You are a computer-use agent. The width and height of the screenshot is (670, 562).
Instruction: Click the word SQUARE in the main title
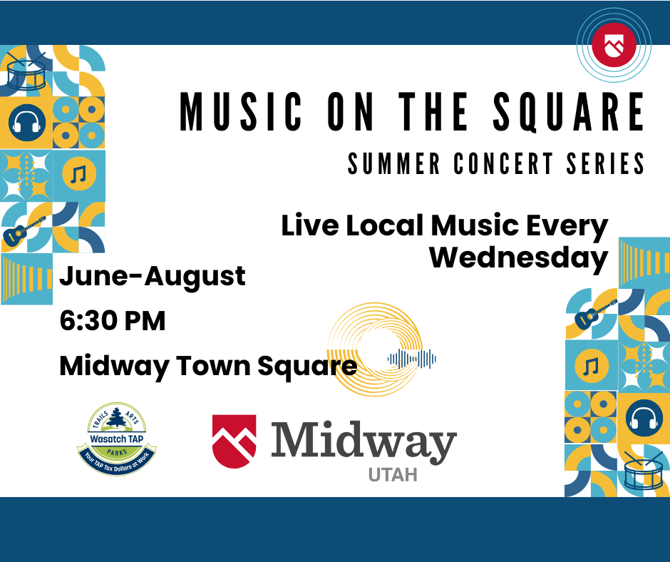[569, 112]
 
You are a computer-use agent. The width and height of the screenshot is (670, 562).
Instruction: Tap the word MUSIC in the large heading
[241, 112]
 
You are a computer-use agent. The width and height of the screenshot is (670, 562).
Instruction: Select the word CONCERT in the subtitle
[503, 163]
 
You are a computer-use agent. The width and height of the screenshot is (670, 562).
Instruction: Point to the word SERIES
[605, 163]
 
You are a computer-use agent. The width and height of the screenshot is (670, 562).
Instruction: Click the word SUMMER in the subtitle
[393, 163]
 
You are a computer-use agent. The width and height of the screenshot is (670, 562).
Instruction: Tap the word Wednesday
[518, 258]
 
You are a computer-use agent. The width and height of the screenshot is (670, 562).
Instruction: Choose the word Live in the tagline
[310, 225]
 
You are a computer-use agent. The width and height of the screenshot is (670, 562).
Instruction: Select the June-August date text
[153, 277]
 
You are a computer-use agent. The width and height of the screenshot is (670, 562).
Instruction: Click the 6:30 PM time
[113, 321]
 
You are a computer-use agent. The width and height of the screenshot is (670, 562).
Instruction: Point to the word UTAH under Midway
[393, 475]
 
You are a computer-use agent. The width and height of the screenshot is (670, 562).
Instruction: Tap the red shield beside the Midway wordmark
[234, 441]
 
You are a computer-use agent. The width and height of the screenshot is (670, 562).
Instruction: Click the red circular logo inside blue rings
[614, 45]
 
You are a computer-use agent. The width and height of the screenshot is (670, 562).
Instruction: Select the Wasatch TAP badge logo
[117, 439]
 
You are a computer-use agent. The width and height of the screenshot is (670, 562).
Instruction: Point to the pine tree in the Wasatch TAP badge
[116, 417]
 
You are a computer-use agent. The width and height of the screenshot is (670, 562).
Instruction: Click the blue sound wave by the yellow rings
[411, 359]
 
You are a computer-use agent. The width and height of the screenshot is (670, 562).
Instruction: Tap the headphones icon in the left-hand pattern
[26, 123]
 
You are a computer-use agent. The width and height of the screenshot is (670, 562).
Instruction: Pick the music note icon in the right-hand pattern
[592, 366]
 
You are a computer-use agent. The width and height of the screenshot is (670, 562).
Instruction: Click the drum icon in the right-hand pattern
[643, 469]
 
